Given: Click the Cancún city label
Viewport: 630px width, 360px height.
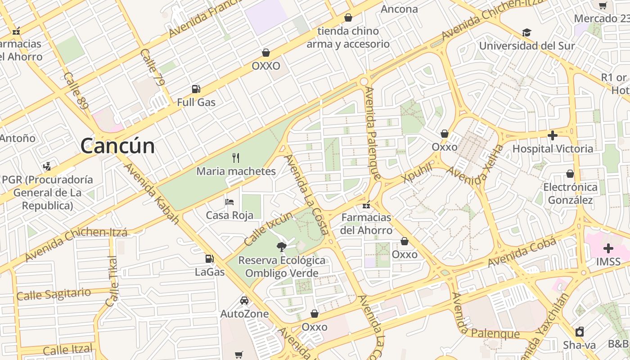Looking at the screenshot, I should click(117, 146).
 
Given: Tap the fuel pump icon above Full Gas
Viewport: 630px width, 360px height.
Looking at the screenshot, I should click(196, 89).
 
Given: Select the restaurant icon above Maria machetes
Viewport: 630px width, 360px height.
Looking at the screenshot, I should click(236, 157).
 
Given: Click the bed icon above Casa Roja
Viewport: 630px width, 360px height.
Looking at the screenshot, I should click(229, 202).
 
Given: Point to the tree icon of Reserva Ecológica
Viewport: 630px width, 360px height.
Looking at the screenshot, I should click(282, 247).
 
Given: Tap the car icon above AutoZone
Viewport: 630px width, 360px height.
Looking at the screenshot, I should click(244, 300).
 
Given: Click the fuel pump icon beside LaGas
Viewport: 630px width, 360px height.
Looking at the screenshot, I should click(209, 258).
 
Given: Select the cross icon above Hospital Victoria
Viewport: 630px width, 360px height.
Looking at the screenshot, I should click(553, 135).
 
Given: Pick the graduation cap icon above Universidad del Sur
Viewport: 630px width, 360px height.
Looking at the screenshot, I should click(526, 32).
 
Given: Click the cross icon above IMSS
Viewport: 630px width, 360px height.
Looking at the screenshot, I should click(608, 248).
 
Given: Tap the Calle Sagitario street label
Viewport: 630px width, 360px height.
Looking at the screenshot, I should click(54, 294).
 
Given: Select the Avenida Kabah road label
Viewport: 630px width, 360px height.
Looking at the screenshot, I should click(152, 193).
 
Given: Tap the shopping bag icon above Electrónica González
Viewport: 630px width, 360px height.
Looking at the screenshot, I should click(570, 174).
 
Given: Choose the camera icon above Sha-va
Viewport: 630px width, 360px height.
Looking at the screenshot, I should click(580, 332).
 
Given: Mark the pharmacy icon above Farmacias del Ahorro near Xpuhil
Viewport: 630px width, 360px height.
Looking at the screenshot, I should click(366, 205).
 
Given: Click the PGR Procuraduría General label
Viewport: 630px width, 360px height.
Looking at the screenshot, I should click(47, 193).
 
